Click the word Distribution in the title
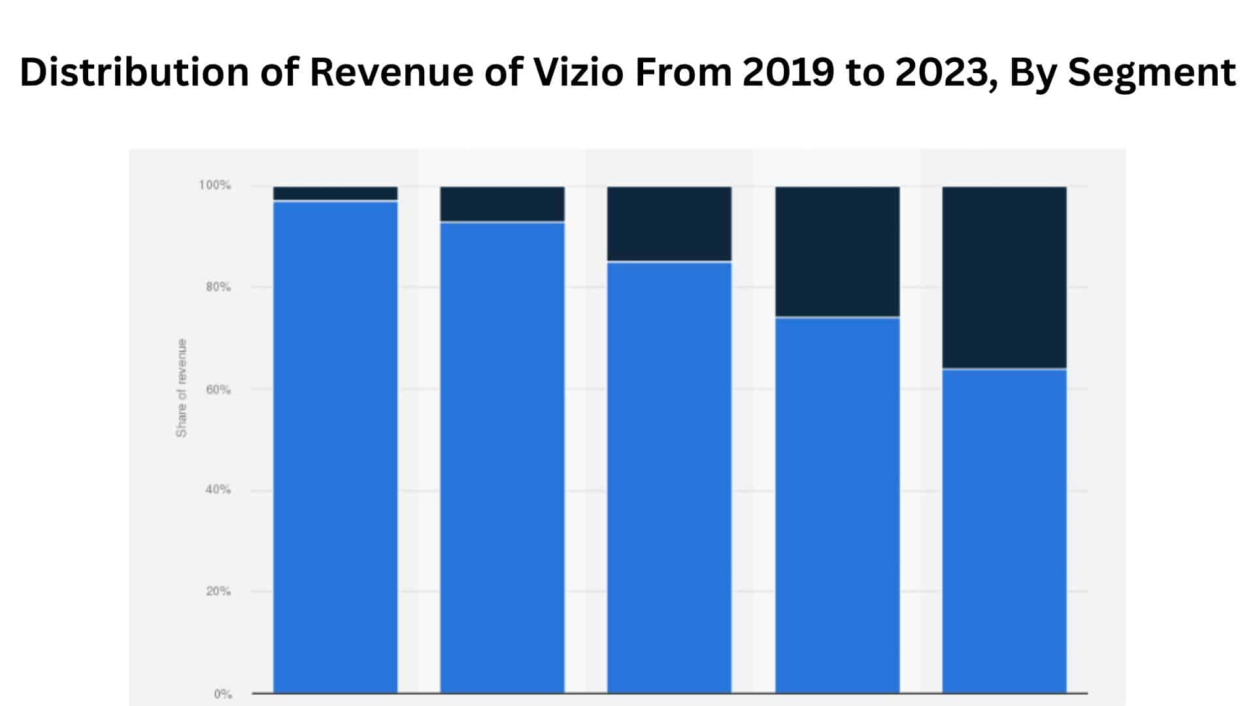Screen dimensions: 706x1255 click(134, 72)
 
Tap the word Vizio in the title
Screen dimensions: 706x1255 click(579, 72)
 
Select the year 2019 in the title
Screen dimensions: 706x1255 click(788, 72)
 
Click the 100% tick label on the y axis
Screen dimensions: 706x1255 click(214, 186)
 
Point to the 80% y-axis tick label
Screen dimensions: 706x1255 click(218, 287)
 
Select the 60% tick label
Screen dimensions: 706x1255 click(218, 390)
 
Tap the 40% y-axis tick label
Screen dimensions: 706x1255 click(218, 490)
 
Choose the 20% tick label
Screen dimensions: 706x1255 click(218, 592)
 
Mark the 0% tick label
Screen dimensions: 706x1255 click(223, 694)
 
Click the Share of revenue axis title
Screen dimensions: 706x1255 click(181, 388)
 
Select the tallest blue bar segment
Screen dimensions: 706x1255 click(335, 446)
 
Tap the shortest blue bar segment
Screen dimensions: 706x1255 click(1004, 530)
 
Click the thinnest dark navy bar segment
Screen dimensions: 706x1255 click(335, 193)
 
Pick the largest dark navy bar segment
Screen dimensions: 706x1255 click(1004, 278)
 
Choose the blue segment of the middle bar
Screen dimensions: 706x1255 click(669, 477)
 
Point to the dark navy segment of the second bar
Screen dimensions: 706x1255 click(502, 204)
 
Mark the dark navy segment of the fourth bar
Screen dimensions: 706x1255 click(837, 252)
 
